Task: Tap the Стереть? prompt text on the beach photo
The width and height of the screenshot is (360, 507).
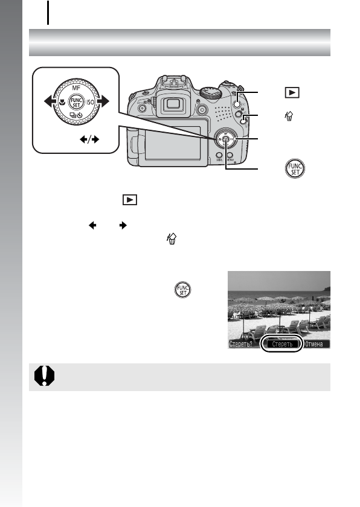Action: [x=244, y=345]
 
